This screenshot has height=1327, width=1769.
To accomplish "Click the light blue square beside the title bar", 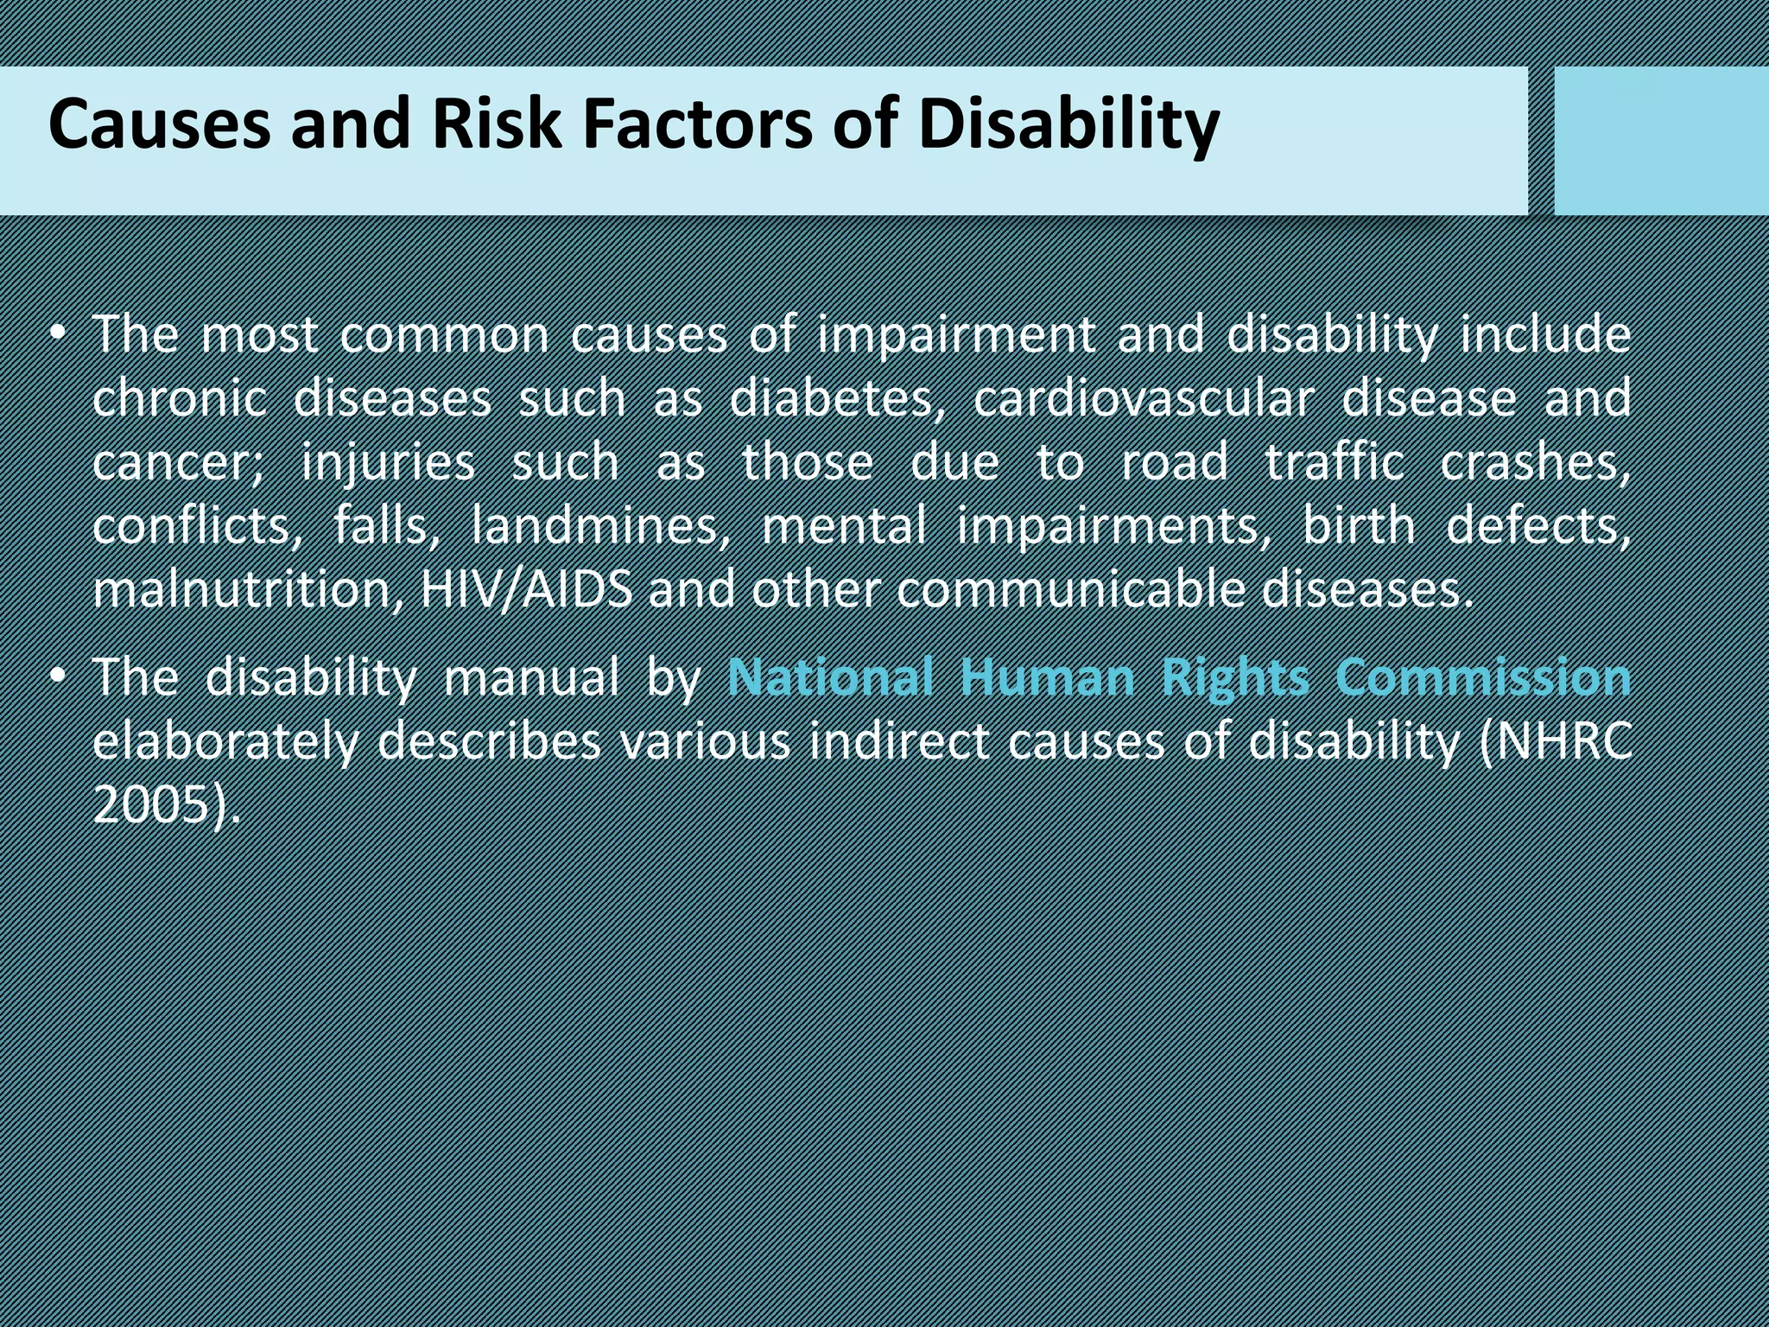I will [x=1660, y=140].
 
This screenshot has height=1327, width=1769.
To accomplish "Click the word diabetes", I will [x=832, y=399].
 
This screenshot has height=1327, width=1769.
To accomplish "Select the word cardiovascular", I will [x=1144, y=399].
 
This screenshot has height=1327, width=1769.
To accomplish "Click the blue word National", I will [x=830, y=676].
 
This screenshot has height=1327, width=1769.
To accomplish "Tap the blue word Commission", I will [x=1482, y=676].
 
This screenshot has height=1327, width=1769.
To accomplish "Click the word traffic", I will [x=1335, y=464].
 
